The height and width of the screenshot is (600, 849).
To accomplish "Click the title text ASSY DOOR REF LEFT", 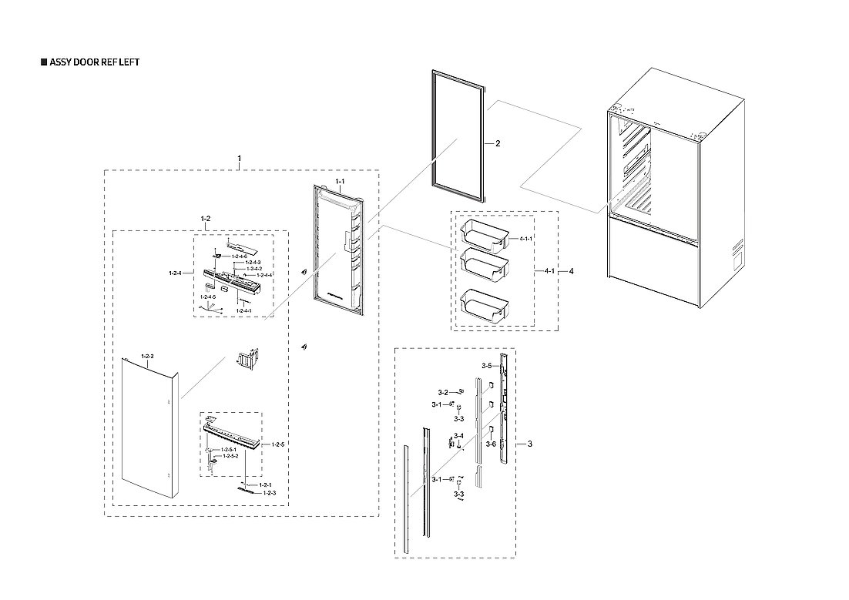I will pyautogui.click(x=94, y=62).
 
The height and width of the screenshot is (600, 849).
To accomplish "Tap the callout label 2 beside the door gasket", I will pyautogui.click(x=498, y=144).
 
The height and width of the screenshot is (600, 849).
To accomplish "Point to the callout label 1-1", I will pyautogui.click(x=339, y=181).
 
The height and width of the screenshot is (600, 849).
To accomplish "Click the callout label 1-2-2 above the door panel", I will pyautogui.click(x=147, y=356).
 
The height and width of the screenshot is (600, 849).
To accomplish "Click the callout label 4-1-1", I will pyautogui.click(x=526, y=240).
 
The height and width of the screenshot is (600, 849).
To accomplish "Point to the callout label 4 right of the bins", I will pyautogui.click(x=571, y=271).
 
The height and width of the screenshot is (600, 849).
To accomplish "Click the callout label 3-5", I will pyautogui.click(x=486, y=366).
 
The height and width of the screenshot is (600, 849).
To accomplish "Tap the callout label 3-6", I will pyautogui.click(x=491, y=443).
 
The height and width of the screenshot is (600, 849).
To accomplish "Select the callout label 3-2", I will pyautogui.click(x=443, y=393).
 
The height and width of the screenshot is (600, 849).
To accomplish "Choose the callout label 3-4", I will pyautogui.click(x=458, y=436).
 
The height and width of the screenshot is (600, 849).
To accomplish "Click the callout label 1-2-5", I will pyautogui.click(x=278, y=445).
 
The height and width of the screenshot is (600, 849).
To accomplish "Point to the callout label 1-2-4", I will pyautogui.click(x=175, y=273).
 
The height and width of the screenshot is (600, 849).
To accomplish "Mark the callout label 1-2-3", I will pyautogui.click(x=270, y=492).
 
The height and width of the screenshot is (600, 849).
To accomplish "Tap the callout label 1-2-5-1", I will pyautogui.click(x=229, y=449).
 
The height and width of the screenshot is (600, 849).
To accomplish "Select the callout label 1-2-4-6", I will pyautogui.click(x=239, y=256).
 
